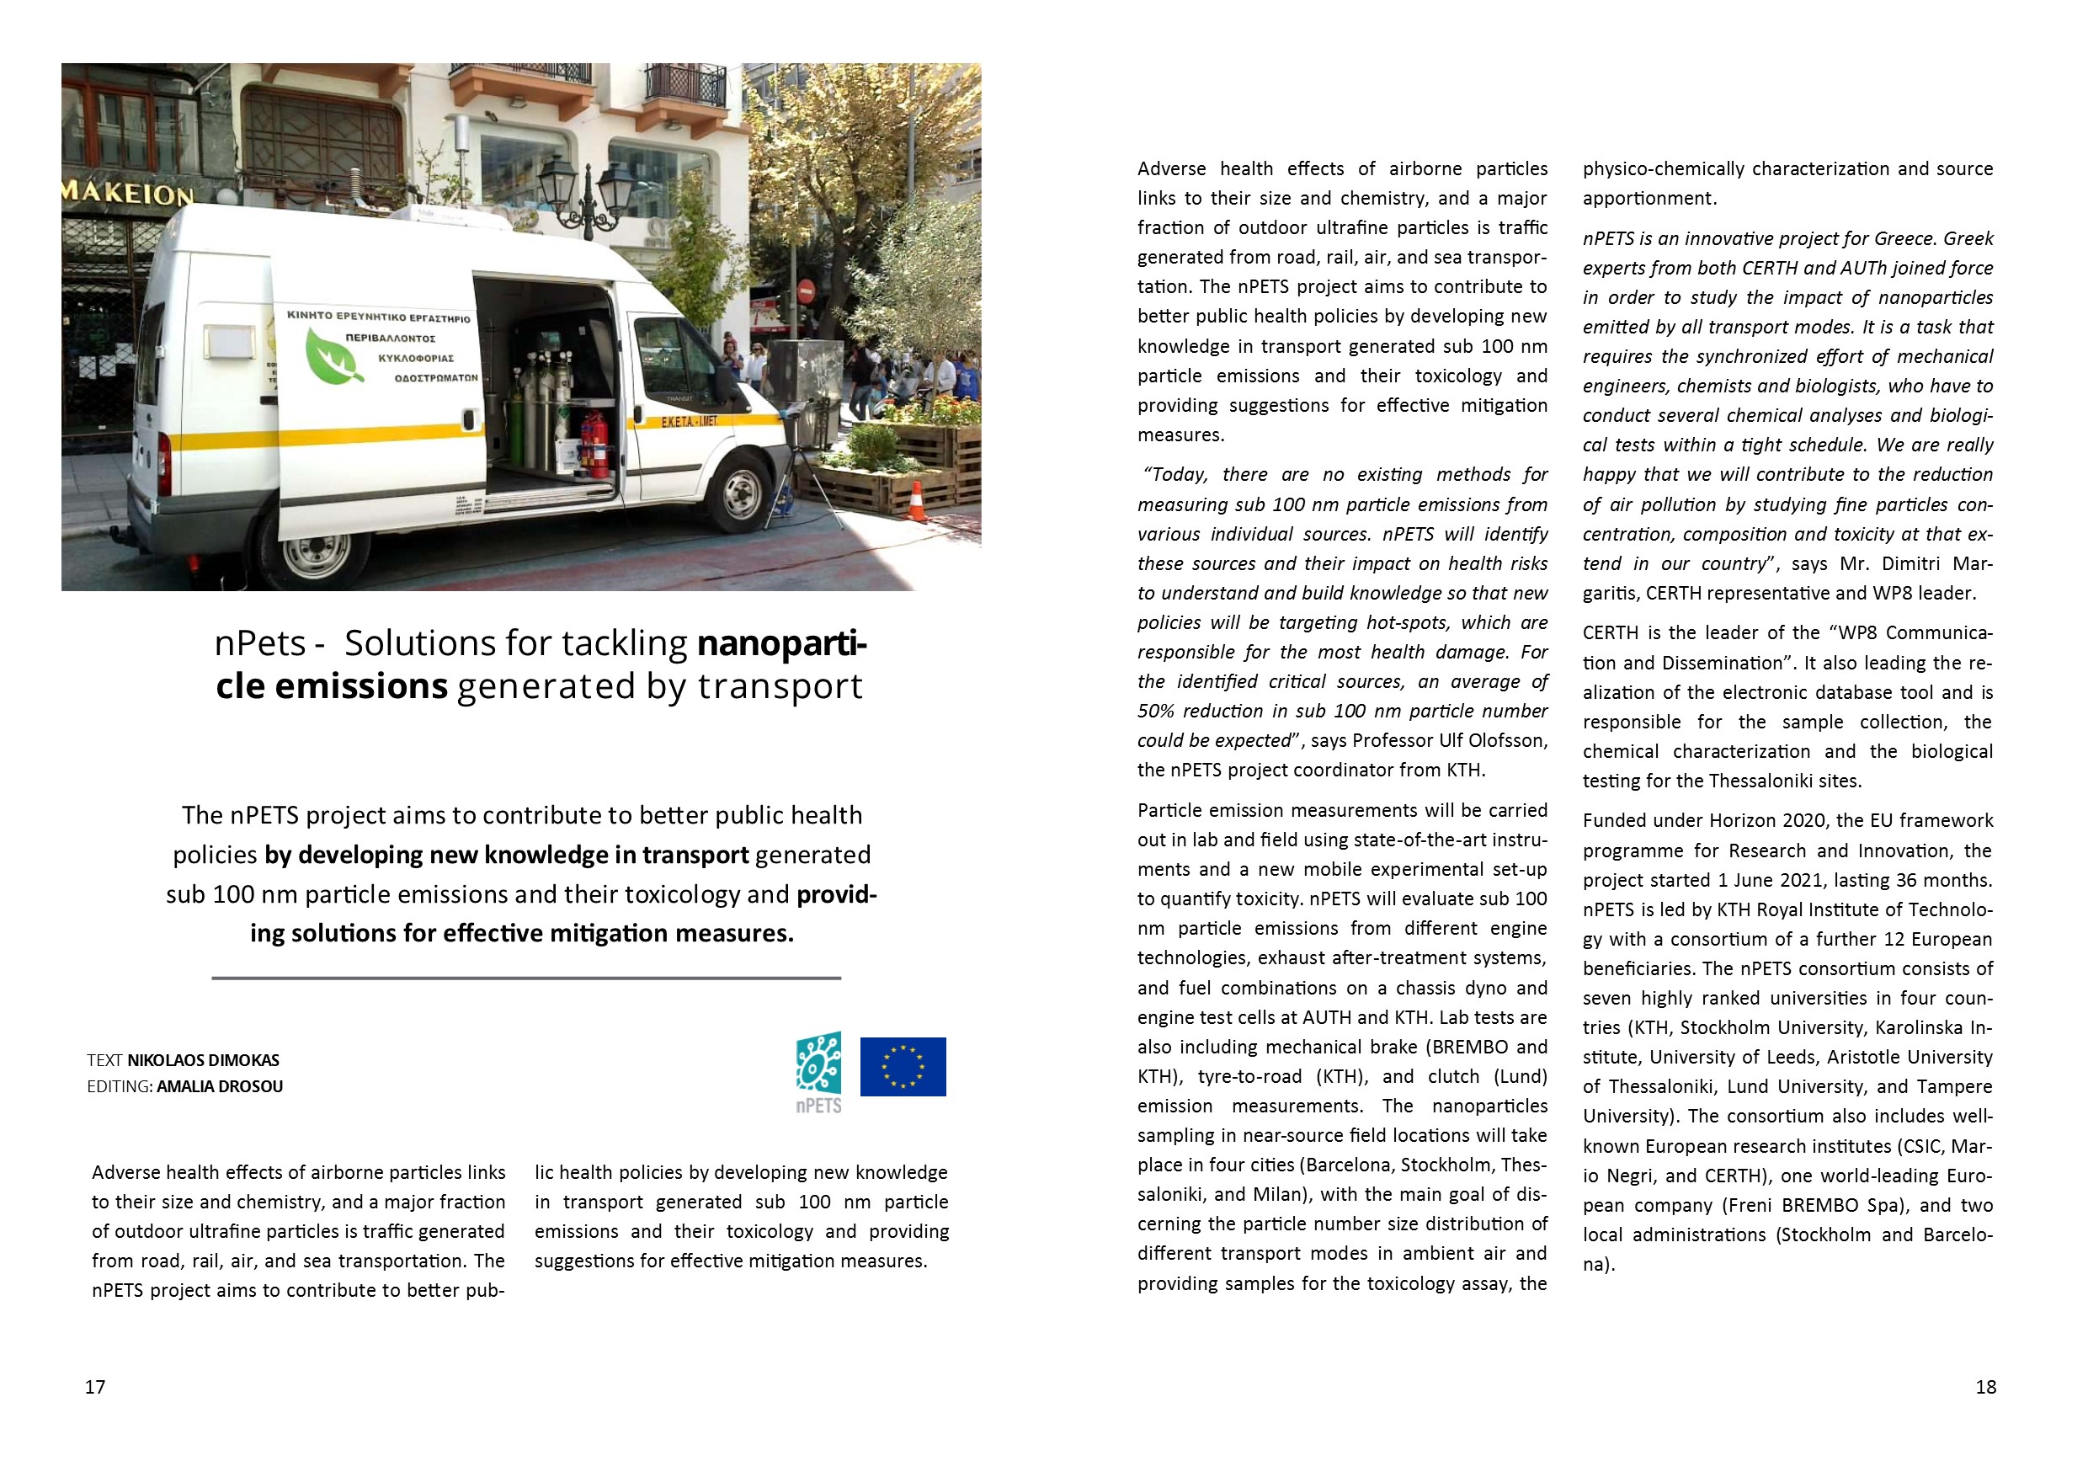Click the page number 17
coord(95,1386)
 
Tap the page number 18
coord(1986,1386)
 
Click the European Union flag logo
coord(903,1066)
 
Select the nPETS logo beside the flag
coord(818,1071)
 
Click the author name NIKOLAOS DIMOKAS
coord(204,1059)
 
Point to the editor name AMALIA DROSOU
coord(220,1086)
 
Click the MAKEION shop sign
coord(127,193)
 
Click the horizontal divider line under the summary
coord(525,978)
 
